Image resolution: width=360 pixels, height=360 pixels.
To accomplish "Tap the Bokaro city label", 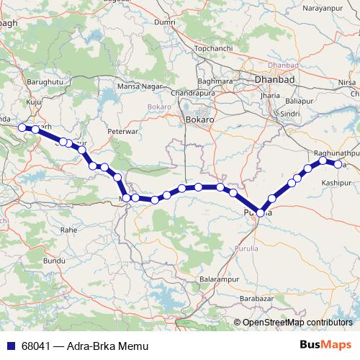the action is tap(197, 120).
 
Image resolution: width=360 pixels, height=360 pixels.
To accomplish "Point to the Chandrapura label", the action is tap(193, 94).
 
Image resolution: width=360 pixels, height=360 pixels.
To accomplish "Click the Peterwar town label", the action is tap(122, 132).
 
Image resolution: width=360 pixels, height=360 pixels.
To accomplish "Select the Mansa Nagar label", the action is tap(138, 86).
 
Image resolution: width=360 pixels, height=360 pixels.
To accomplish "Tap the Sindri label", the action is tap(290, 114).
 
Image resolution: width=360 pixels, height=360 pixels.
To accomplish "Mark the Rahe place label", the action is tap(68, 229).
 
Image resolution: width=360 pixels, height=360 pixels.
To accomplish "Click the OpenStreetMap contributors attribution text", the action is tap(297, 323).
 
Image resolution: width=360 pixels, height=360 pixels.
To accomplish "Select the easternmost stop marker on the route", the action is tap(338, 165).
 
